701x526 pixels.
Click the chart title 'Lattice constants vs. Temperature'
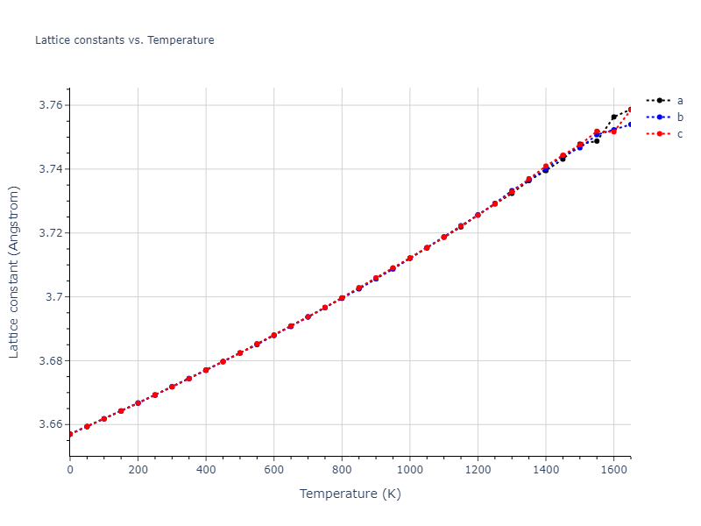point(124,40)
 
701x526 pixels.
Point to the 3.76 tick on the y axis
point(49,105)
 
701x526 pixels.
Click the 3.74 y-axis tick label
point(49,169)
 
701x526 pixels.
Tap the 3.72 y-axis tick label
point(49,233)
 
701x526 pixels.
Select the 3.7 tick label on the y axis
point(53,297)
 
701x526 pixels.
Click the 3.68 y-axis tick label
point(49,361)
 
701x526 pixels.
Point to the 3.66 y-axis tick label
point(49,425)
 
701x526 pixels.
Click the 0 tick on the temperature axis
point(70,470)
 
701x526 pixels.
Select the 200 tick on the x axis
point(138,470)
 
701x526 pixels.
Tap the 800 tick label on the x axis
point(342,470)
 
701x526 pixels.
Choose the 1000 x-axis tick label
point(409,470)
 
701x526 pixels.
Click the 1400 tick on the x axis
point(546,470)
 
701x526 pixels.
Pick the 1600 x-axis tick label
point(613,470)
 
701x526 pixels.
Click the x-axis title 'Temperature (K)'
point(350,494)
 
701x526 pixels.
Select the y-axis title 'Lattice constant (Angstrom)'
point(14,272)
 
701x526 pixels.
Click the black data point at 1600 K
point(614,117)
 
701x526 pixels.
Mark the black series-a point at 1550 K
point(597,140)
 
